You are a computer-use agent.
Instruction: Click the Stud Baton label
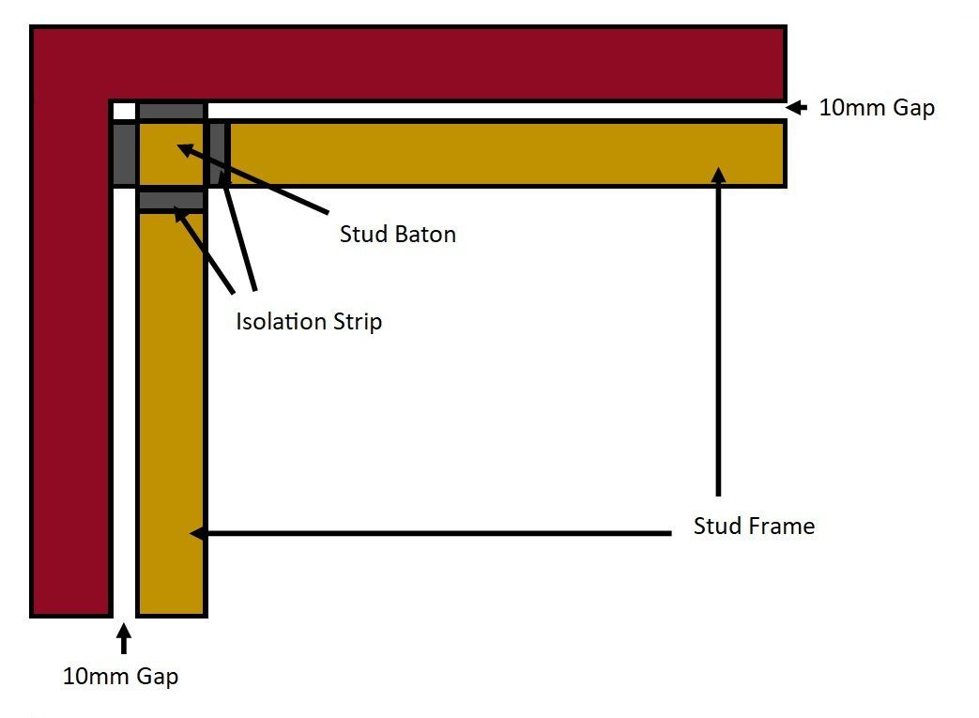398,234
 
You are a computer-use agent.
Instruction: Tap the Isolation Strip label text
309,322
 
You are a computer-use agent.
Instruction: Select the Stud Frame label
754,526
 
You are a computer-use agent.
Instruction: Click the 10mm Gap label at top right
877,107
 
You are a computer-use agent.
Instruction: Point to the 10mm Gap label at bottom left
120,676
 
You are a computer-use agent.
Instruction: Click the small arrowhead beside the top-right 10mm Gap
796,107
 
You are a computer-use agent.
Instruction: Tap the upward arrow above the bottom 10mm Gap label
124,638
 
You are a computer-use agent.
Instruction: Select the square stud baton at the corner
171,154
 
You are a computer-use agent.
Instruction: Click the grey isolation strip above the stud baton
171,112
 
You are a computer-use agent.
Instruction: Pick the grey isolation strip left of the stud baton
124,154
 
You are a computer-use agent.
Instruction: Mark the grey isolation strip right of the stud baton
218,154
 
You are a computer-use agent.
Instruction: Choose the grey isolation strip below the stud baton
171,201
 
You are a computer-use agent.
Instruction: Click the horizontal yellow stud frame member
506,154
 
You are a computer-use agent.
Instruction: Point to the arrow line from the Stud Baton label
252,179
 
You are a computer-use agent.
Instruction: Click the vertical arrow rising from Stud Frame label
719,331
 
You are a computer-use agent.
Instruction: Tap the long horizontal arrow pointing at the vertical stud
430,533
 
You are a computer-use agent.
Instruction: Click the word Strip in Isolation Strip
357,322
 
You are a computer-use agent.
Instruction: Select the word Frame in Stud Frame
781,526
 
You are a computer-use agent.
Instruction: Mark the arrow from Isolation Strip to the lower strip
204,250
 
